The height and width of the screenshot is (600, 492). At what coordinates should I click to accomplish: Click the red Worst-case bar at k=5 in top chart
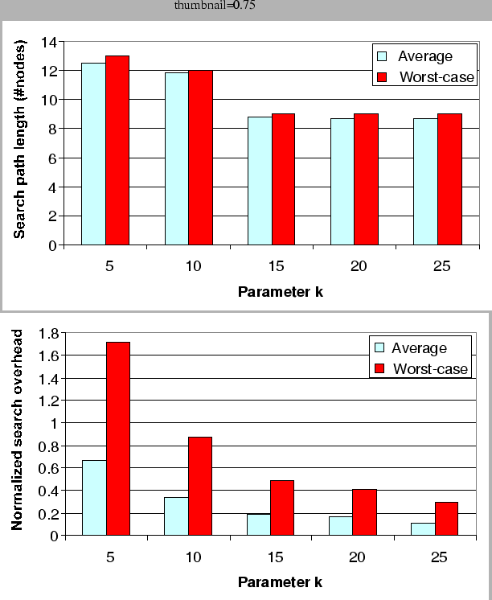click(117, 150)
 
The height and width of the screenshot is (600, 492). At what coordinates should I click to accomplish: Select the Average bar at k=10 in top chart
click(177, 158)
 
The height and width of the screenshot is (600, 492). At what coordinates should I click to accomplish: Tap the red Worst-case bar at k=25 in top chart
click(449, 179)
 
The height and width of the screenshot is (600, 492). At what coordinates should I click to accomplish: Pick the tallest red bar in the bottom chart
click(118, 438)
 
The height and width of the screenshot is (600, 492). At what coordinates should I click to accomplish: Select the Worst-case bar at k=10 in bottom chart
click(201, 486)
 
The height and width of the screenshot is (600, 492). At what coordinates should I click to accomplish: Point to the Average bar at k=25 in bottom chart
click(423, 529)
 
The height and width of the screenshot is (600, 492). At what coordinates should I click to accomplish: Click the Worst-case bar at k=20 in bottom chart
click(364, 512)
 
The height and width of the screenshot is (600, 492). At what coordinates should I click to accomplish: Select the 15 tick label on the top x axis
click(272, 265)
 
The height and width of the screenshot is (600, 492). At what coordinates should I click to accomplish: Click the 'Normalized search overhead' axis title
click(18, 429)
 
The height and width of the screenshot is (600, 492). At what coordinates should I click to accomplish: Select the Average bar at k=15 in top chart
click(260, 181)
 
